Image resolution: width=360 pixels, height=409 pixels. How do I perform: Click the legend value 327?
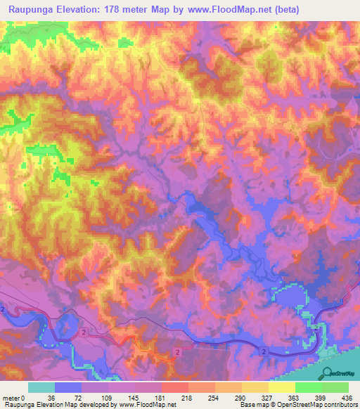point(258,398)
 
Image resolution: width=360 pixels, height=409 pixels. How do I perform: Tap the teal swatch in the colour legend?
point(41,387)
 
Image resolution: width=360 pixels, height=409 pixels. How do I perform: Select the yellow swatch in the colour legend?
point(281,387)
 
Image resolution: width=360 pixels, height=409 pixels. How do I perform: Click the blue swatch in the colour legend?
point(68,387)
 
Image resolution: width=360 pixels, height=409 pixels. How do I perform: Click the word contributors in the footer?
point(340,405)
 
